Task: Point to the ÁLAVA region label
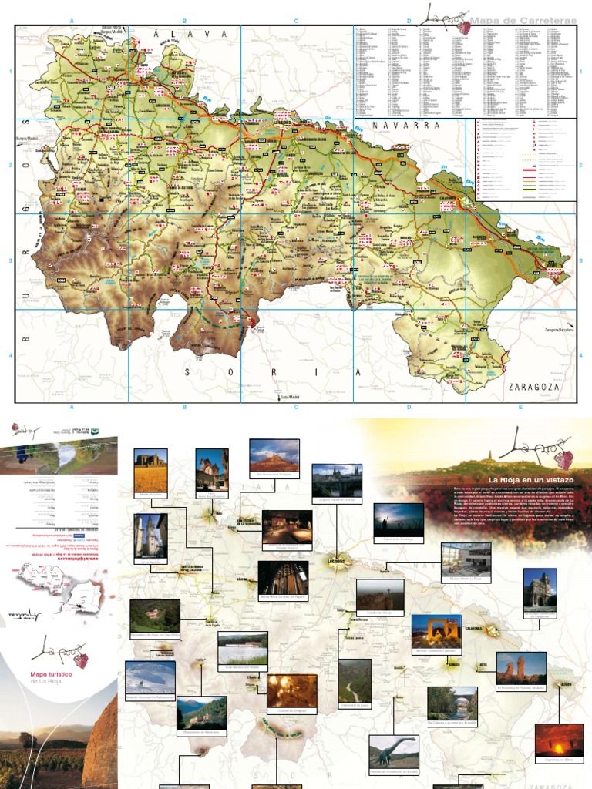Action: [192, 35]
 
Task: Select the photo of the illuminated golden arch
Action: [436, 631]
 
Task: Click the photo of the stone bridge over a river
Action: [452, 703]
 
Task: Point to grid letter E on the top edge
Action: [520, 21]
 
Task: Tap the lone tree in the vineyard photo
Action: [29, 740]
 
